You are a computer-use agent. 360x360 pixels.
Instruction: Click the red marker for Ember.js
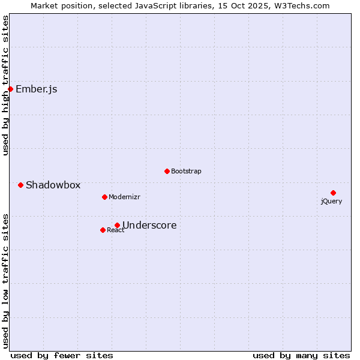[x=10, y=89]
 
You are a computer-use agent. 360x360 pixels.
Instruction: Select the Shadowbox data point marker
[x=20, y=185]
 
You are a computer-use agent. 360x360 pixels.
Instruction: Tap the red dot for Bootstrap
[x=167, y=171]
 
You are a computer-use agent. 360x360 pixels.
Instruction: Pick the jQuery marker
[x=333, y=193]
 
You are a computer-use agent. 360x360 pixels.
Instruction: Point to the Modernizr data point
[x=104, y=197]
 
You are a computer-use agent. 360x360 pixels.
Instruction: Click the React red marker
[x=103, y=230]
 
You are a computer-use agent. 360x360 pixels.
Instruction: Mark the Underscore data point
[x=117, y=225]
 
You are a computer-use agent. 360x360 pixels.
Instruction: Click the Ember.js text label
[x=37, y=89]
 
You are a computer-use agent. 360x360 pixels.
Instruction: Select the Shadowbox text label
[x=53, y=185]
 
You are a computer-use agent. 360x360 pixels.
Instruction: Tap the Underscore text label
[x=149, y=226]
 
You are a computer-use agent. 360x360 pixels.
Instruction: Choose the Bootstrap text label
[x=186, y=172]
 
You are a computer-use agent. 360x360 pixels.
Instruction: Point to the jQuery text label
[x=331, y=202]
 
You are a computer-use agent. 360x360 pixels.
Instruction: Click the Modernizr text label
[x=124, y=197]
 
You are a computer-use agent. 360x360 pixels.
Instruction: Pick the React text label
[x=116, y=230]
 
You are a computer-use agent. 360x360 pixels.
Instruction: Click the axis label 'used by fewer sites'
[x=62, y=355]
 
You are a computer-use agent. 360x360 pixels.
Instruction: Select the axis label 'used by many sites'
[x=301, y=355]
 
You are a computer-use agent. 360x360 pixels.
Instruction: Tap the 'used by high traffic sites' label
[x=6, y=85]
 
